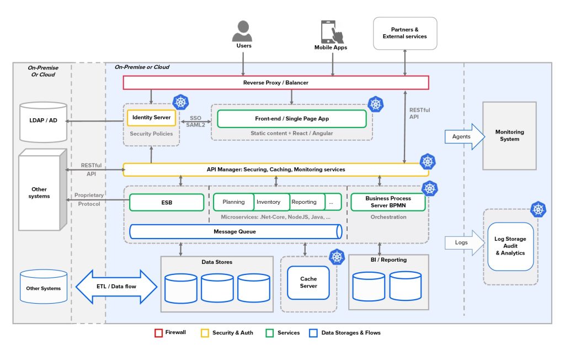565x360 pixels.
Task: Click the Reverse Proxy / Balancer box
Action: [x=275, y=82]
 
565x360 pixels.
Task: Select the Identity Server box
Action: [x=151, y=118]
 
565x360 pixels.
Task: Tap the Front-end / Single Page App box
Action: [x=291, y=119]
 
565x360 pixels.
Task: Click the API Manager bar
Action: [x=275, y=170]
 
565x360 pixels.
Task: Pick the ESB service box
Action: [x=167, y=202]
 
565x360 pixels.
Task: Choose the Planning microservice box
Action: [x=233, y=202]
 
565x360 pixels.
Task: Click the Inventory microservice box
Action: [x=269, y=202]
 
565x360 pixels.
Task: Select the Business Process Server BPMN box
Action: [x=388, y=202]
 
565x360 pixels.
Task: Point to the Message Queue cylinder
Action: [x=235, y=231]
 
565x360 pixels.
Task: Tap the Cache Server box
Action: [x=308, y=283]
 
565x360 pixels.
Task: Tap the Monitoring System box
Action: [x=509, y=136]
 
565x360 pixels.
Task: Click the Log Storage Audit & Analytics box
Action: [x=510, y=246]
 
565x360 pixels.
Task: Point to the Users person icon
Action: [x=243, y=30]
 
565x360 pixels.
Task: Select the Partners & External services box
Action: [x=405, y=33]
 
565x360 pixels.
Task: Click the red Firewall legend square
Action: [x=158, y=333]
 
